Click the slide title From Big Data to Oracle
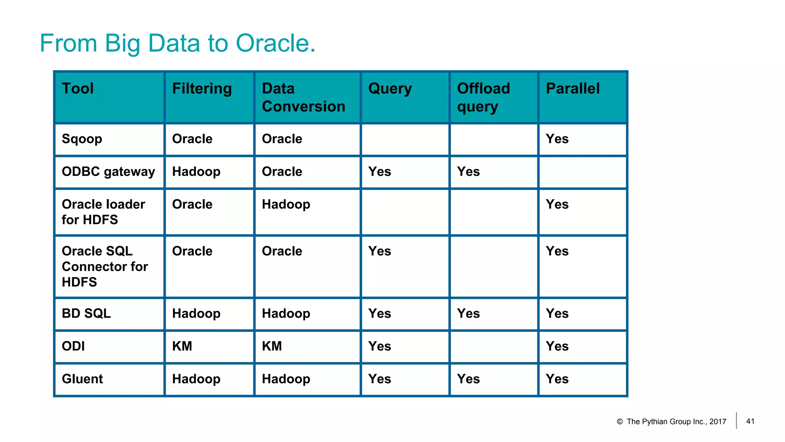coord(177,43)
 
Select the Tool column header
coord(78,89)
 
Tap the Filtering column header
coord(202,89)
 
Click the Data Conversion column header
coord(303,97)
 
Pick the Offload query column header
coord(483,97)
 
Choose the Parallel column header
coord(573,89)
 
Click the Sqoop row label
coord(82,139)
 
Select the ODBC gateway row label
coord(108,172)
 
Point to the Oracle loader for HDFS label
coord(103,212)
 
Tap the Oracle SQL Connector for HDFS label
coord(105,266)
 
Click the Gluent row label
coord(82,379)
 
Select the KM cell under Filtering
coord(182,346)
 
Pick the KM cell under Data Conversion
coord(272,346)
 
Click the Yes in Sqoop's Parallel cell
coord(557,139)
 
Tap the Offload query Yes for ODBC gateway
coord(468,172)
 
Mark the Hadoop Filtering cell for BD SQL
coord(196,313)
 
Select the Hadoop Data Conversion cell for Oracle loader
coord(286,205)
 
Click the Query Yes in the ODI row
coord(379,346)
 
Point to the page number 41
coord(750,421)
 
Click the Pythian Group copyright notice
coord(672,422)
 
